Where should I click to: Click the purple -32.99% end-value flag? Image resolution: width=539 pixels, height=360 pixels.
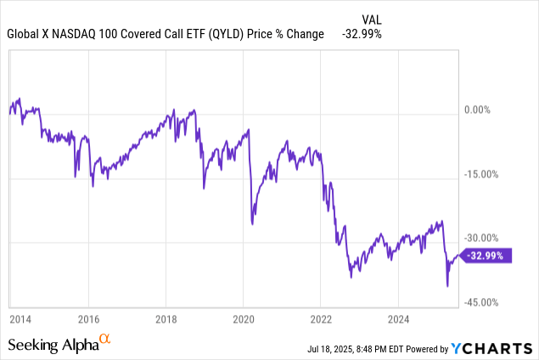point(489,255)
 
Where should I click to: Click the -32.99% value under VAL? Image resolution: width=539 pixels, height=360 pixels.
point(360,35)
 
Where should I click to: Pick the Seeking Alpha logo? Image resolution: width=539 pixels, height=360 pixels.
point(59,344)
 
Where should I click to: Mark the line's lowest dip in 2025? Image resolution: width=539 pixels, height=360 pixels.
point(447,286)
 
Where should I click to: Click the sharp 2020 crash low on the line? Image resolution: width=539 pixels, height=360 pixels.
point(252,223)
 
